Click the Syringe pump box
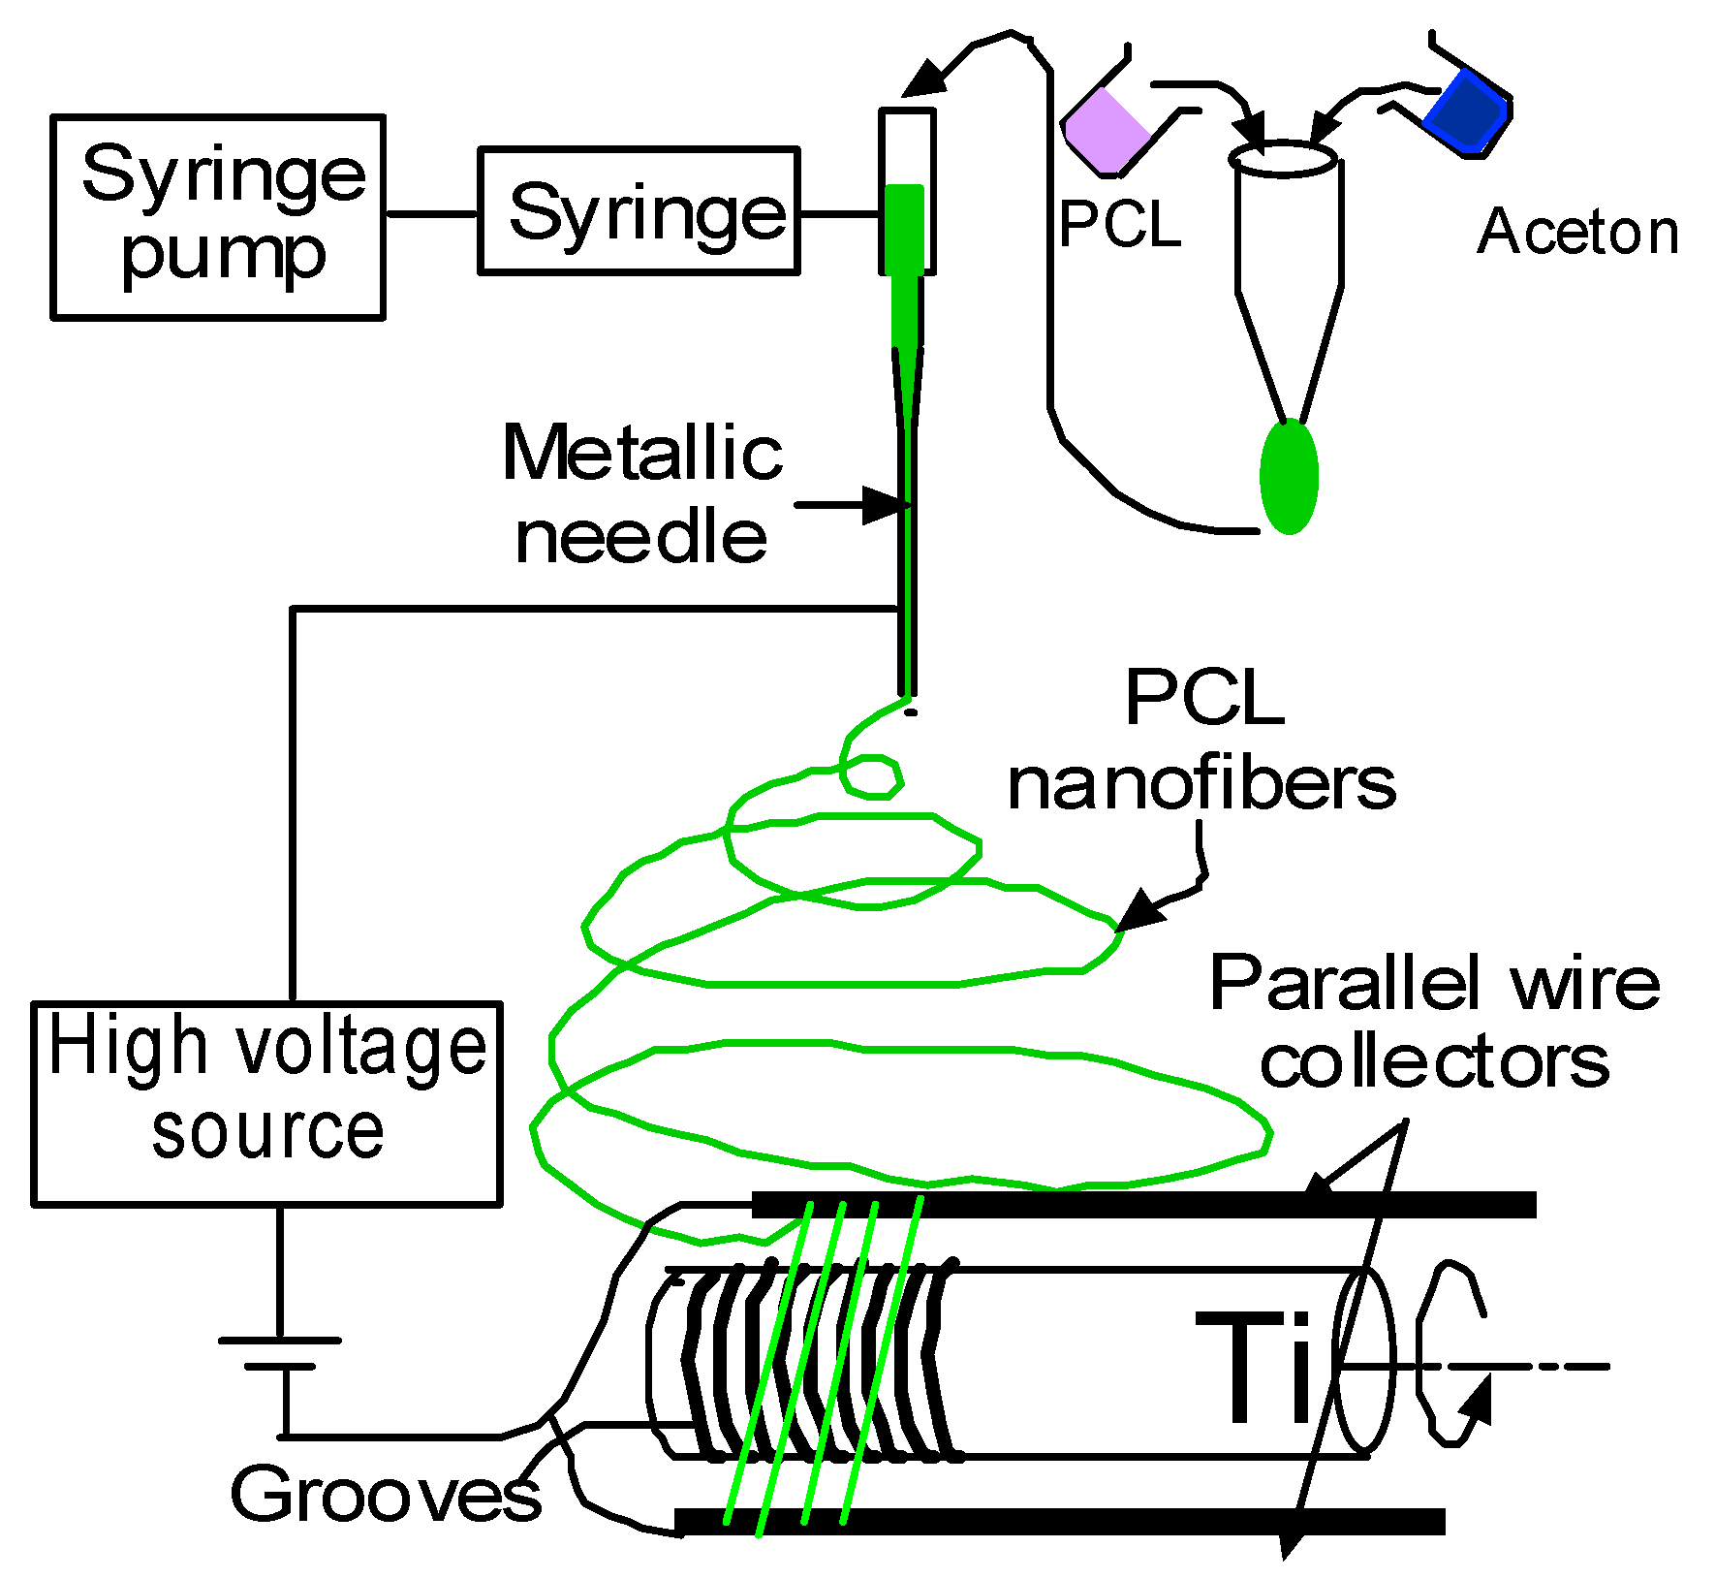(x=218, y=217)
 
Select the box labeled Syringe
(x=639, y=211)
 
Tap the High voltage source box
(x=266, y=1104)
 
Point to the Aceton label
(x=1577, y=233)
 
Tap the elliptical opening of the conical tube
(x=1284, y=159)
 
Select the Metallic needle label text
(x=641, y=494)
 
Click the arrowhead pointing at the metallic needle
(x=888, y=505)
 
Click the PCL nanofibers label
(x=1202, y=741)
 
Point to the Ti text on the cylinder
(x=1255, y=1368)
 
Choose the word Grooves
(x=385, y=1494)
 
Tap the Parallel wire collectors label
(x=1434, y=1024)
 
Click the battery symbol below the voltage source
(x=280, y=1353)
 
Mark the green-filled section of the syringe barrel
(x=906, y=228)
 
